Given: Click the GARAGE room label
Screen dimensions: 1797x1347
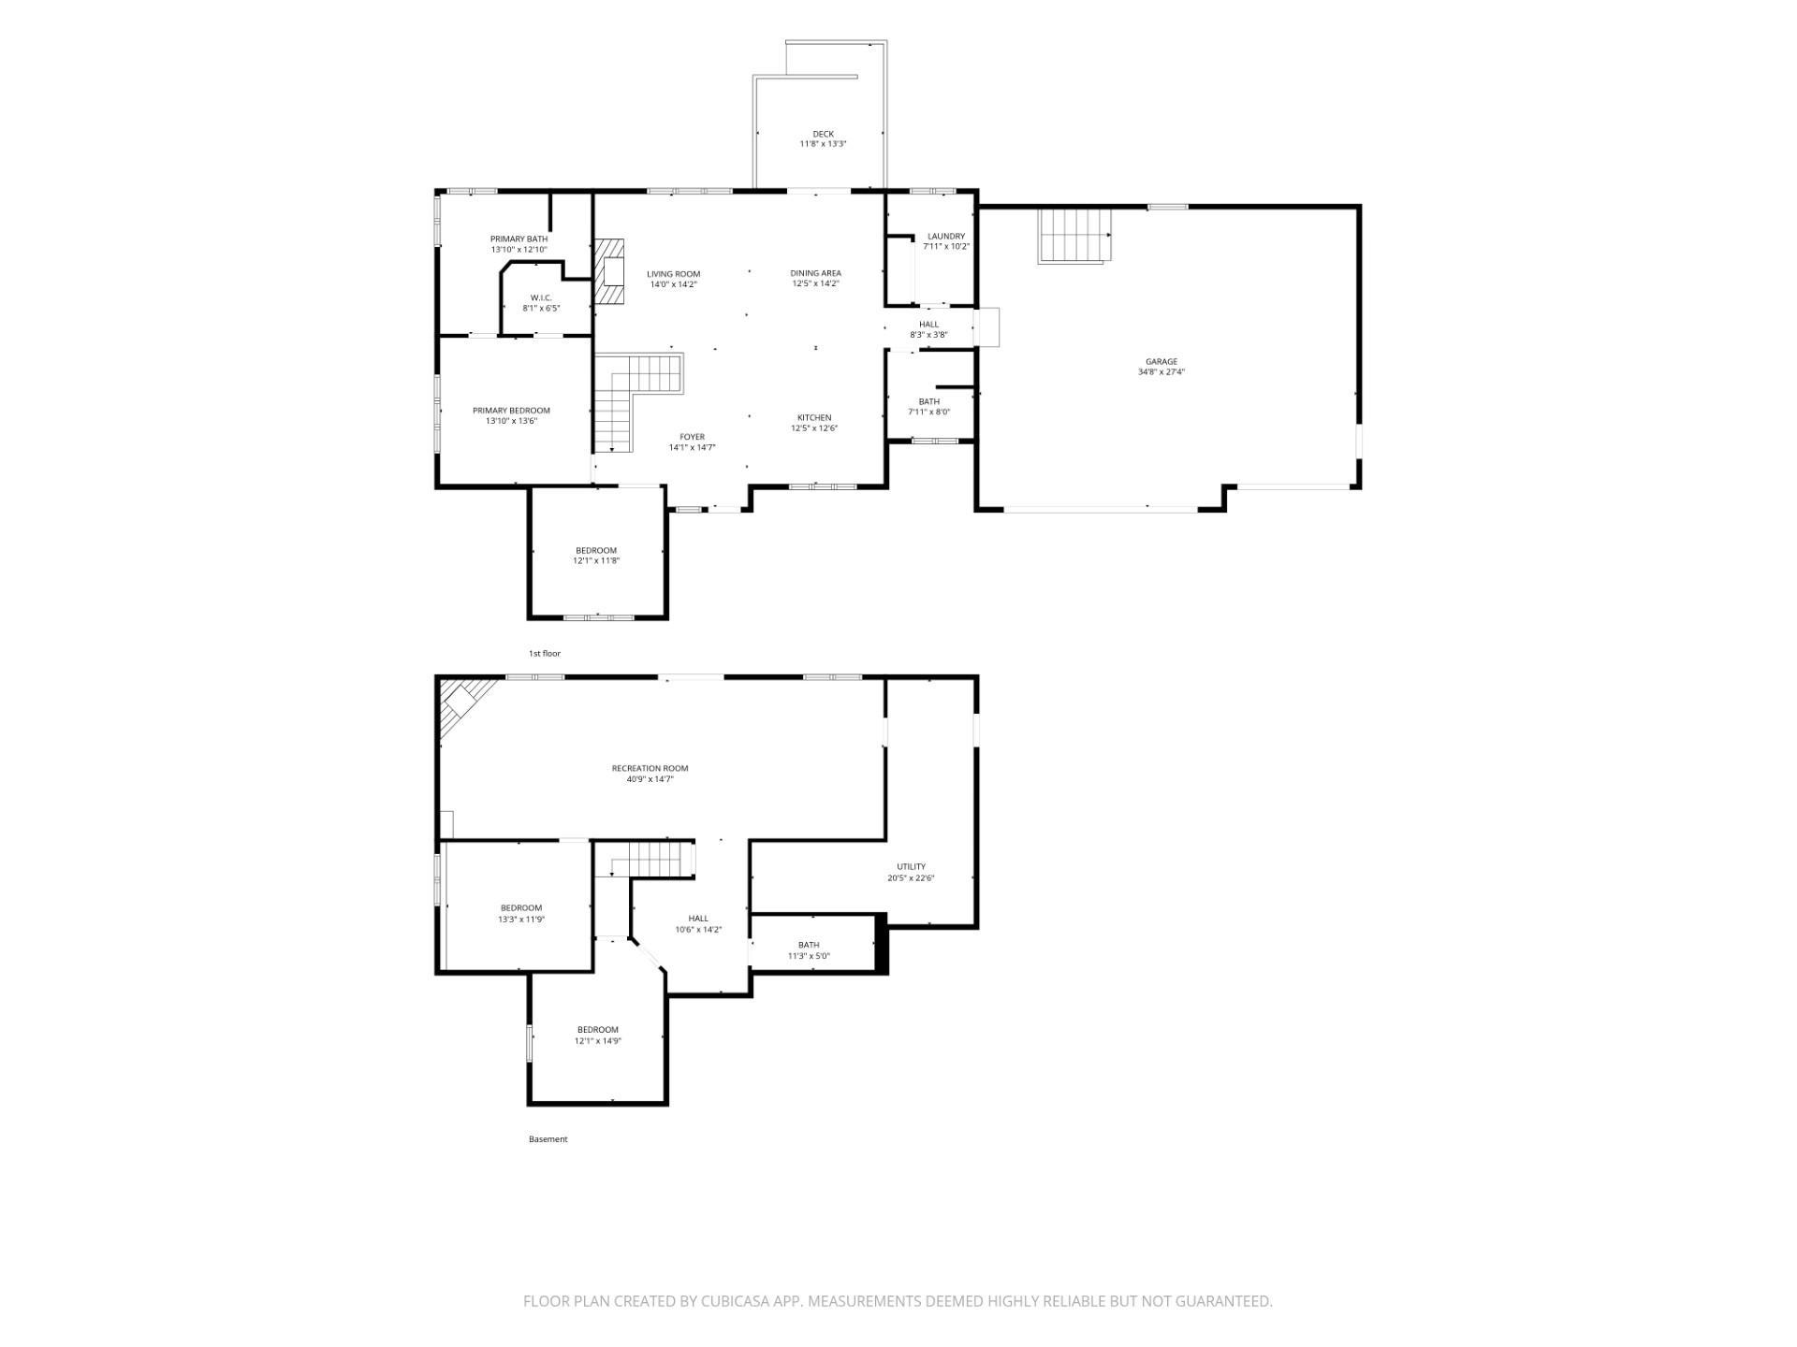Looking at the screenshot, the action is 1161,361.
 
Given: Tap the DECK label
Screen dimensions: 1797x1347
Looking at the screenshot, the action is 823,134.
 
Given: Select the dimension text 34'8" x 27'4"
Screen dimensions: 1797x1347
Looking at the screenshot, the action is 1161,372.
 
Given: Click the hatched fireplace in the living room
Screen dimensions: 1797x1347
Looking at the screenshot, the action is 609,271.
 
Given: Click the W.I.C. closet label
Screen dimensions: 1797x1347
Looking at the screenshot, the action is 541,297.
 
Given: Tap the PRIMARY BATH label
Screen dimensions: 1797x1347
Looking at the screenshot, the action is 519,239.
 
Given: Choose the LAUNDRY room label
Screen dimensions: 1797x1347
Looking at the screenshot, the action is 945,236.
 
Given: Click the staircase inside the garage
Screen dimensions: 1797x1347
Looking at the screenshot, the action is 1075,236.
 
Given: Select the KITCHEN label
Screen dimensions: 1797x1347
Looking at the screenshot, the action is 813,417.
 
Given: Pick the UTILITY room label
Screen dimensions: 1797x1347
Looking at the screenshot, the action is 911,866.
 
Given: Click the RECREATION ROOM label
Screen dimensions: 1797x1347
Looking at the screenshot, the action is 650,768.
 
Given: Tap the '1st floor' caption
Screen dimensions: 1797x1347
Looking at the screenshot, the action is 545,653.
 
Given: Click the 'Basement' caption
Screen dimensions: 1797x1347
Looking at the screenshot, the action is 548,1139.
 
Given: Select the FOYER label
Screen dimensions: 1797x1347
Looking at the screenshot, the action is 692,437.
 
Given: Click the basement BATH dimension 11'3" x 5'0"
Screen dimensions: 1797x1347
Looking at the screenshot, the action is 809,956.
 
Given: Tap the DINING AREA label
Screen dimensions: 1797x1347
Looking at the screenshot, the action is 815,273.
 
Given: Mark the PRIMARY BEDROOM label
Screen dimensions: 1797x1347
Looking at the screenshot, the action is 511,411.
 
